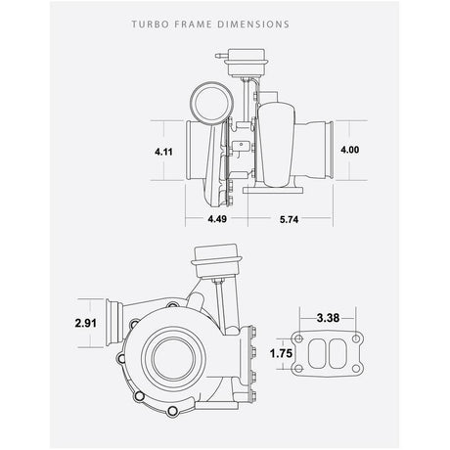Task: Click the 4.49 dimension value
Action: pos(217,219)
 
